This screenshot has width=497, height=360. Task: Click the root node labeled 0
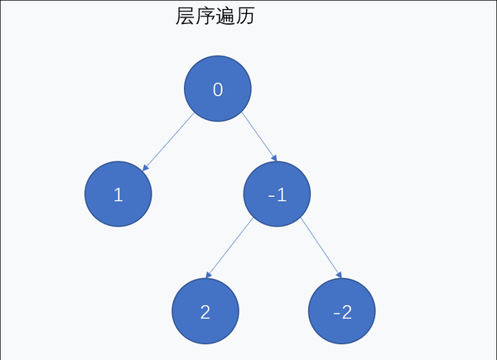click(217, 89)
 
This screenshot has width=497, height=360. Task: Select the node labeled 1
click(118, 194)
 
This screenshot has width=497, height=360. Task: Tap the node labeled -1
click(277, 194)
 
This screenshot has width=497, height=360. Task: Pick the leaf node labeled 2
click(205, 312)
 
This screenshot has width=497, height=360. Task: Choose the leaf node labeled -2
click(341, 312)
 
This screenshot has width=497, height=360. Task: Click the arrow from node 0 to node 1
click(169, 142)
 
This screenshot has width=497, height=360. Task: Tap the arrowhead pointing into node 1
click(146, 168)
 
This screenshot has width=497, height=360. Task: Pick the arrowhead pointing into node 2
click(209, 275)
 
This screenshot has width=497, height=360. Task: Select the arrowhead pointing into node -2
click(338, 275)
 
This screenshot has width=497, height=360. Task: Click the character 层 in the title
click(186, 16)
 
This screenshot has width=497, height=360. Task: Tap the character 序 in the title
click(205, 16)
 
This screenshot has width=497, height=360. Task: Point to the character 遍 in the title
click(224, 16)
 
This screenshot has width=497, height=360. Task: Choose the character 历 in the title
click(244, 16)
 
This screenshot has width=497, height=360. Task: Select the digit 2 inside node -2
click(346, 313)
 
